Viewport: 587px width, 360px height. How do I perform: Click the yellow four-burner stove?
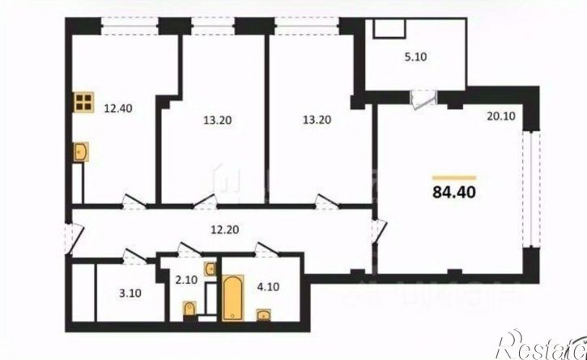[x=83, y=103]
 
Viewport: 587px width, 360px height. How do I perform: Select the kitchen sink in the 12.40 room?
[x=81, y=152]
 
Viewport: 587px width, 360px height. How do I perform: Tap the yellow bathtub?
[x=233, y=298]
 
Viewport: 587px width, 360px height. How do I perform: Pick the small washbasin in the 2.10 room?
[x=211, y=267]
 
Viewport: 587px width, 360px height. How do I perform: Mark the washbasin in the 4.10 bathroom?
[x=264, y=314]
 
